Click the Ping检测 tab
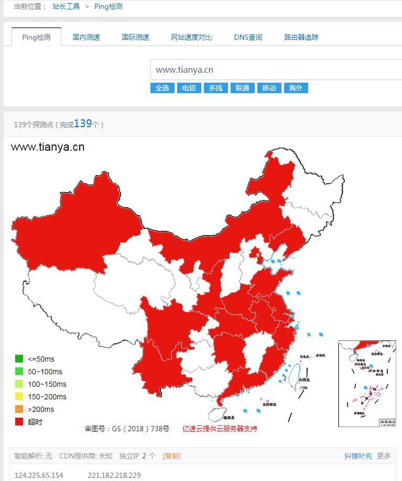pos(36,37)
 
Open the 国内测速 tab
pos(86,37)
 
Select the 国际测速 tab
pos(135,37)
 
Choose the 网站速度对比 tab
pos(191,37)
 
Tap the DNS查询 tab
pos(248,37)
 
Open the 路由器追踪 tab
pos(301,37)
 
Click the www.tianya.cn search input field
pos(276,70)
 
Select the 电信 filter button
pos(189,88)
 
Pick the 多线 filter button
pos(215,88)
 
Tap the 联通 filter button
pos(242,88)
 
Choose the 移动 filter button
pos(269,88)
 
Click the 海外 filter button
pos(296,88)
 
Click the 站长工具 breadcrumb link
pos(66,7)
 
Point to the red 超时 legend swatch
pos(19,421)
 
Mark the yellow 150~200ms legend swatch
pos(19,396)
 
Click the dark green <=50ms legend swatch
pos(19,359)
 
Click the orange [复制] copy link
pos(171,456)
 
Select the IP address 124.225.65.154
pos(39,475)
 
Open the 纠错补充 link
pos(358,456)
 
